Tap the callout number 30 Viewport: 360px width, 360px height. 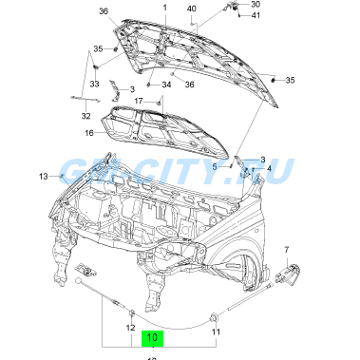(256, 5)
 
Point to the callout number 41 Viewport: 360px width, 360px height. (256, 16)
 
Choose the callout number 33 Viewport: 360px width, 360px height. (94, 84)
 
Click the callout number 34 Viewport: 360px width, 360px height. (166, 85)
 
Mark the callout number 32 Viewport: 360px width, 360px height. (85, 117)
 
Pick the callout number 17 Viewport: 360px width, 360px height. (138, 101)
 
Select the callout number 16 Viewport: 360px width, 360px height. (88, 134)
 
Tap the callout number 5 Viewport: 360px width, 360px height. (216, 166)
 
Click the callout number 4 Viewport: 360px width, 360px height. (269, 169)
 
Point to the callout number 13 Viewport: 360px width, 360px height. (43, 176)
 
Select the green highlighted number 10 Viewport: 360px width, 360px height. (152, 336)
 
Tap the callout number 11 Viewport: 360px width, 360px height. (215, 332)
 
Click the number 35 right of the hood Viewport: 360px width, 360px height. (290, 81)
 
